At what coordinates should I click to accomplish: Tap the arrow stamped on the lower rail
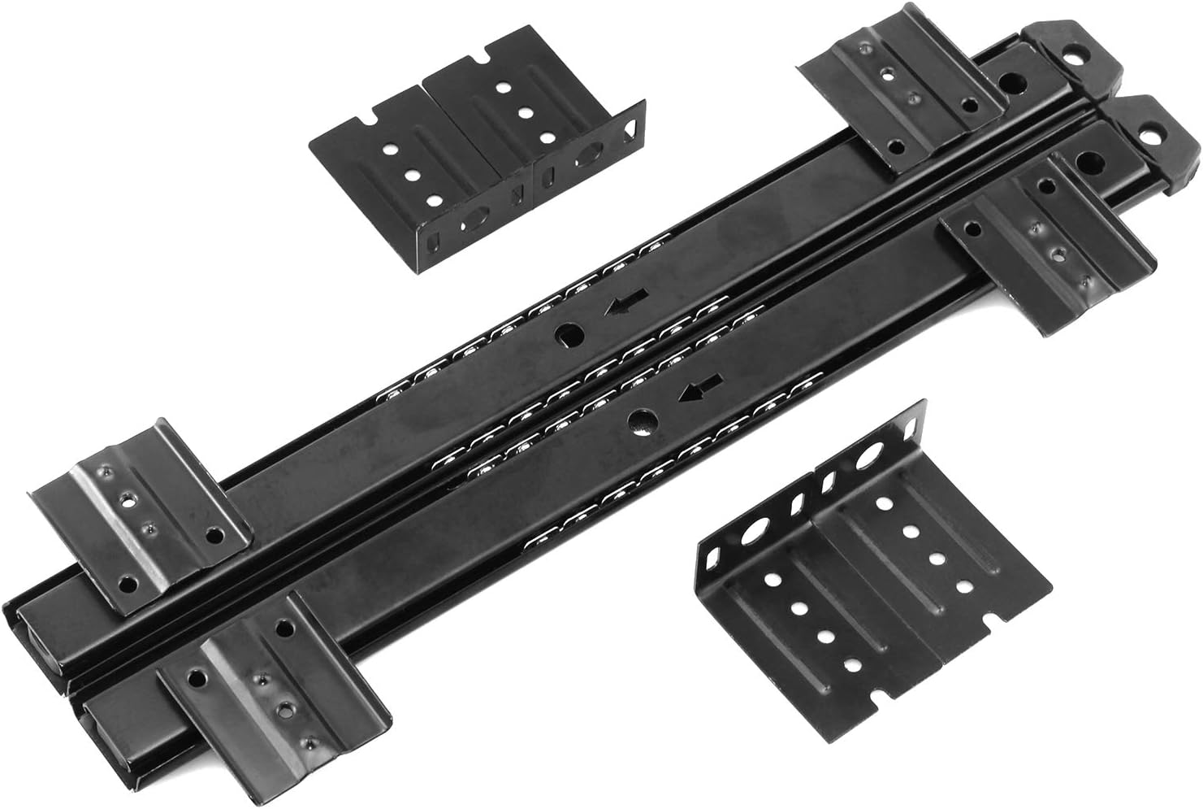click(695, 394)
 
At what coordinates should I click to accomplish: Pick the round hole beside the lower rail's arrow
click(642, 420)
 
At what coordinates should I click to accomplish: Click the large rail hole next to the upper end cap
click(1014, 82)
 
